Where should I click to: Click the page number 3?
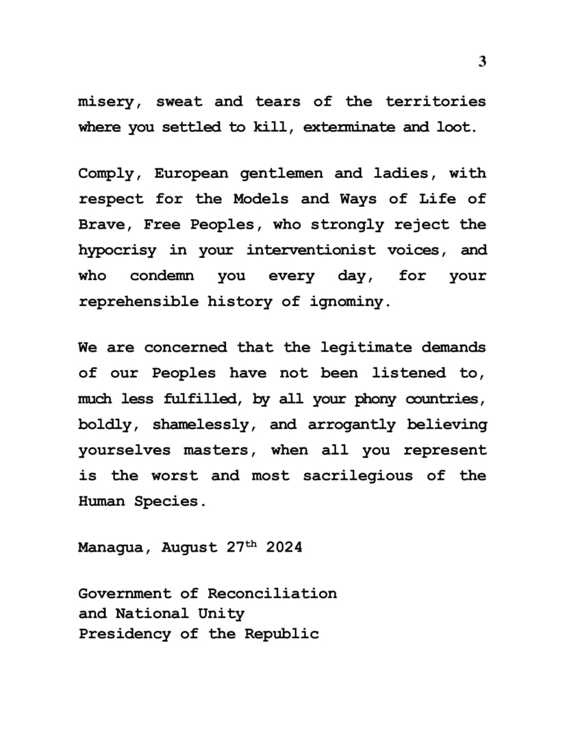[481, 62]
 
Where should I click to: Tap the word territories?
[436, 102]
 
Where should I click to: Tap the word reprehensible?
[139, 302]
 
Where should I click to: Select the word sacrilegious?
[358, 476]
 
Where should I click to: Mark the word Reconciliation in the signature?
[272, 593]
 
